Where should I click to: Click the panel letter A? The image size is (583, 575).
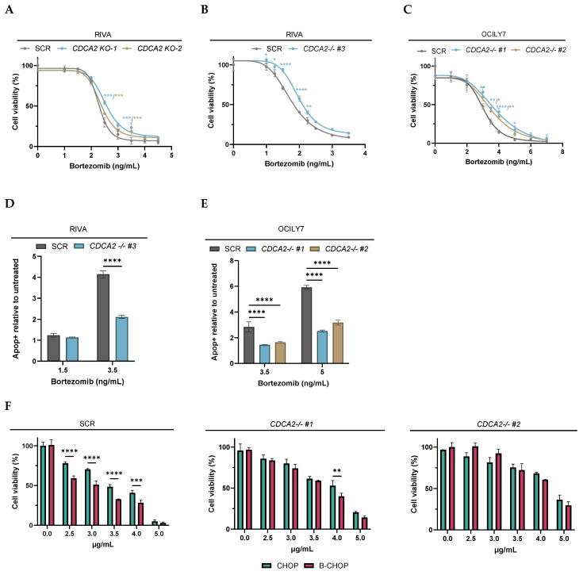tap(9, 10)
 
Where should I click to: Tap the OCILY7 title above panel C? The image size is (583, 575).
tap(493, 34)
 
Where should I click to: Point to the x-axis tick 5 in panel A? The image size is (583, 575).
tap(171, 155)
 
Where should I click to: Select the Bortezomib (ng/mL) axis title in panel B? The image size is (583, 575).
tap(299, 163)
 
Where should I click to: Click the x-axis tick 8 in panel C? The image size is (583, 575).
tap(562, 151)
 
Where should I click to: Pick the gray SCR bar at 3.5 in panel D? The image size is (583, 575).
tap(103, 317)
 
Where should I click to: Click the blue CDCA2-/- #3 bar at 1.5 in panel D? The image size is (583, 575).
tap(72, 349)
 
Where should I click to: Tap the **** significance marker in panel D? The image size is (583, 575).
tap(113, 260)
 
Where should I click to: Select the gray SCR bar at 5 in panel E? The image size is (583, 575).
tap(307, 325)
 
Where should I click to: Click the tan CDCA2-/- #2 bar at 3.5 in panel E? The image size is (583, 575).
tap(280, 353)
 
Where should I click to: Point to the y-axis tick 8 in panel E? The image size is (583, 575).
tap(232, 261)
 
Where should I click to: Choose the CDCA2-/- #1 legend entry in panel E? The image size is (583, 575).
tap(275, 249)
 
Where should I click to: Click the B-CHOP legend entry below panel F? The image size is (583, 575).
tap(327, 565)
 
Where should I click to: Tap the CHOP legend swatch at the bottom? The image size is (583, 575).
tap(267, 565)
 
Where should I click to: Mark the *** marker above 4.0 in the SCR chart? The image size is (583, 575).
tap(136, 481)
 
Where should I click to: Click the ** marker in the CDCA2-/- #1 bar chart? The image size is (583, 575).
tap(337, 471)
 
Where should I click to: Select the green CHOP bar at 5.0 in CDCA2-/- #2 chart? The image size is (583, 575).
tap(559, 515)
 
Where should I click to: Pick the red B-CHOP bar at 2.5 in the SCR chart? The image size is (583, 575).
tap(74, 502)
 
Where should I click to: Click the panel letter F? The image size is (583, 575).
tap(8, 406)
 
